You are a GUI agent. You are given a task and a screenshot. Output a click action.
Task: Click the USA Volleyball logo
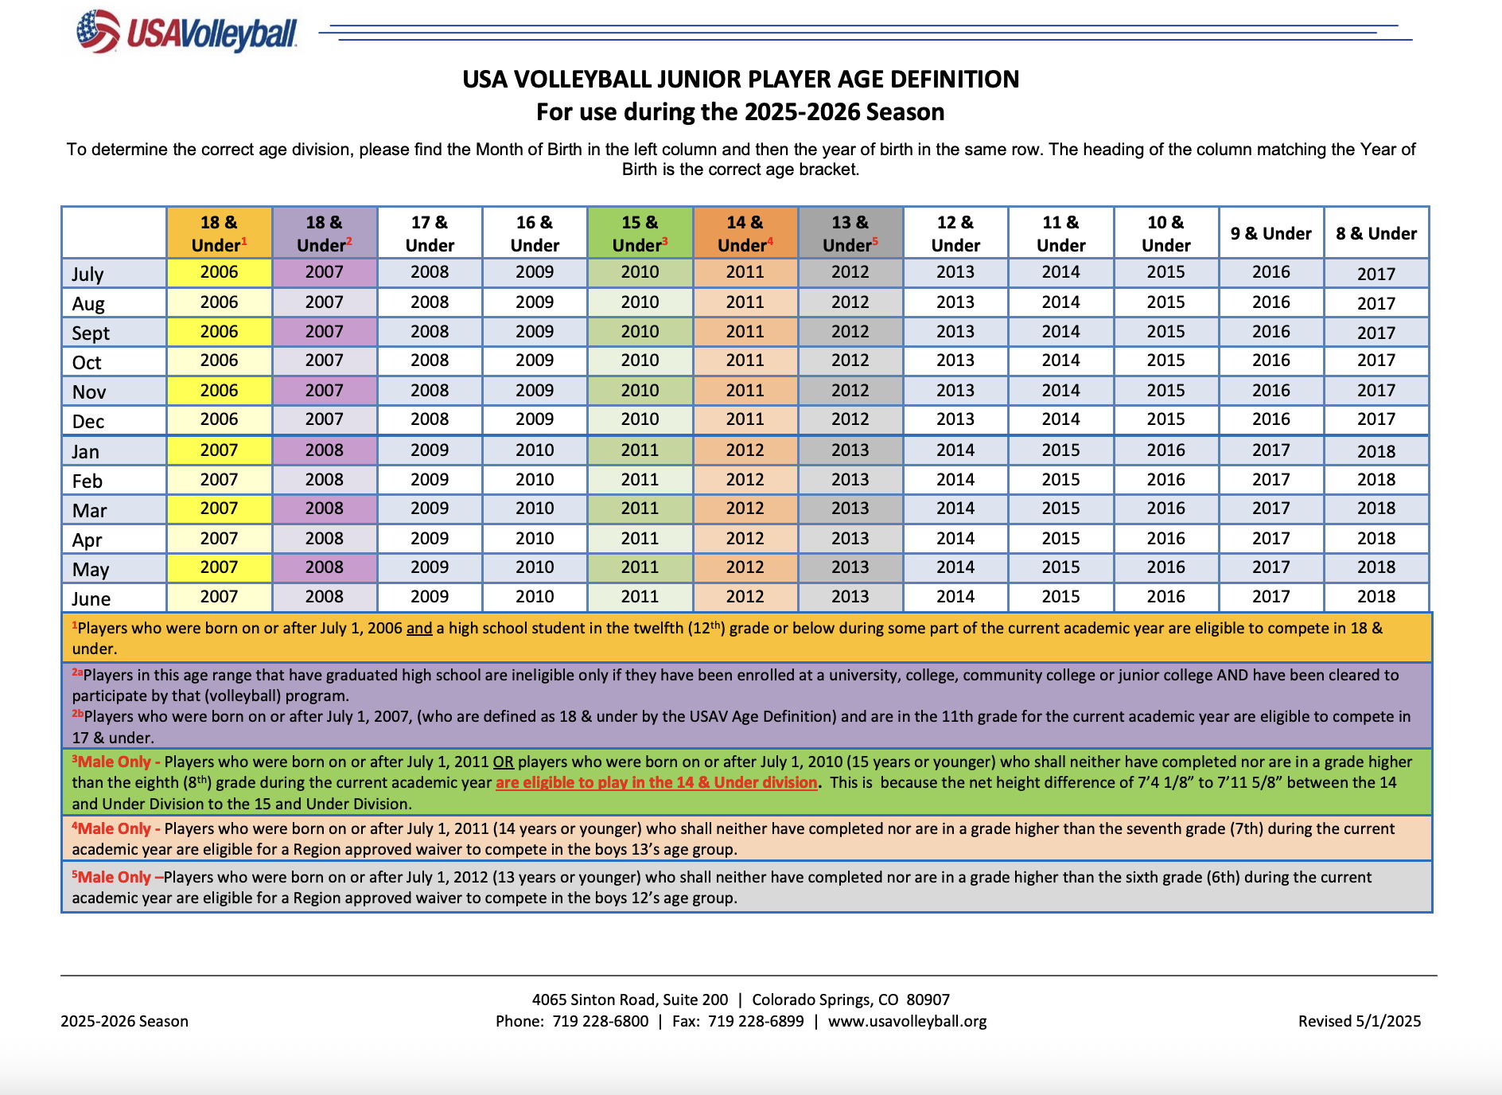tap(186, 32)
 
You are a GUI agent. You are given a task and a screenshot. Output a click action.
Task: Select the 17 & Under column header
tap(430, 233)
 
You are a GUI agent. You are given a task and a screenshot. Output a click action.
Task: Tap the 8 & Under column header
tap(1376, 233)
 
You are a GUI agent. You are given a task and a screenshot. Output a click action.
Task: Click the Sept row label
tap(91, 333)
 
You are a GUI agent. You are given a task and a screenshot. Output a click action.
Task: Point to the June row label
tap(91, 598)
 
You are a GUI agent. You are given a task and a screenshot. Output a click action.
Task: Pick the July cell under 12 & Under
tap(955, 272)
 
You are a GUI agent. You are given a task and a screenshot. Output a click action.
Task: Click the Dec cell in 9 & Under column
tap(1270, 419)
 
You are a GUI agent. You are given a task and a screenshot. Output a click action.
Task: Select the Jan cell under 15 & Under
tap(640, 450)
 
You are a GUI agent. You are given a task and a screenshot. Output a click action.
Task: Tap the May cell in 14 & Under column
tap(745, 567)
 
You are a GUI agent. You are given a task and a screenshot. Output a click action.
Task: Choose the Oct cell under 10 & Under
tap(1165, 360)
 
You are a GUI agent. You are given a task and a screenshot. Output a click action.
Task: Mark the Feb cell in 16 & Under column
tap(535, 480)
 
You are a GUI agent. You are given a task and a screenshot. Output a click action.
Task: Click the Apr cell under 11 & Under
tap(1060, 539)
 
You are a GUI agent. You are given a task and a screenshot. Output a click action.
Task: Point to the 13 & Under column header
tap(850, 233)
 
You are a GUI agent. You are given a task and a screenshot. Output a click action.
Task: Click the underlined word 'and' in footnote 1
tap(419, 628)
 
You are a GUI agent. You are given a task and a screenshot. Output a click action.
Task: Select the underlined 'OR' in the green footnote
tap(503, 762)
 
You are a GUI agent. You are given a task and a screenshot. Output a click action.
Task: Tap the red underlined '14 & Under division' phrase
tap(656, 782)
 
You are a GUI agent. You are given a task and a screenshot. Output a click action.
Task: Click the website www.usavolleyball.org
tap(907, 1021)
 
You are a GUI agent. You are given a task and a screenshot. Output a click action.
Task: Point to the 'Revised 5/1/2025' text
tap(1359, 1021)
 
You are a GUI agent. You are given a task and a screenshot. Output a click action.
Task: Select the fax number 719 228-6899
tap(756, 1021)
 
